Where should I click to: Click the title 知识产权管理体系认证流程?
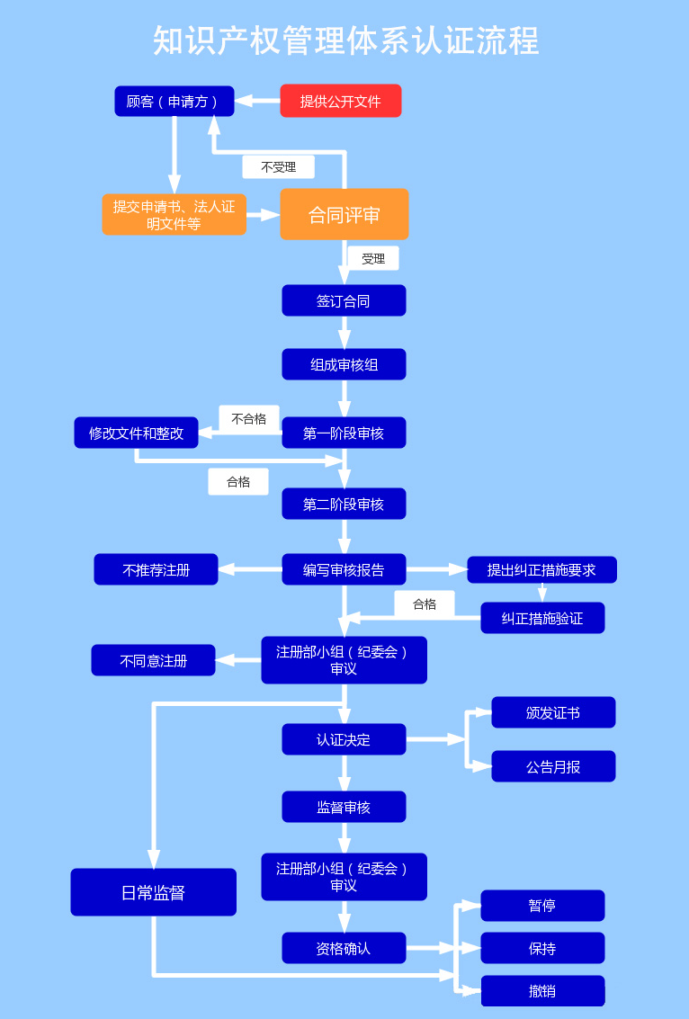tap(344, 41)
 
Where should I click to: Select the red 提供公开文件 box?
tap(340, 101)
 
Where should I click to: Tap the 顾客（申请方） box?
tap(174, 101)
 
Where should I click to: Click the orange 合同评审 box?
tap(344, 215)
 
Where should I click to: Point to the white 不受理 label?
tap(278, 167)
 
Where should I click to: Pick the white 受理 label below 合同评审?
tap(373, 259)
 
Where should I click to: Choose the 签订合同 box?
tap(344, 300)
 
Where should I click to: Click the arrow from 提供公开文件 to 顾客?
tap(257, 101)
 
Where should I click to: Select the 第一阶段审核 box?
tap(344, 433)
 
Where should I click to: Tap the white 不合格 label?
tap(248, 419)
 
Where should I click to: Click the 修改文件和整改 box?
tap(136, 433)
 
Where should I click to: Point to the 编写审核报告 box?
tap(344, 569)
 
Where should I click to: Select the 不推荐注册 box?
tap(156, 569)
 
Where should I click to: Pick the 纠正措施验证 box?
tap(542, 618)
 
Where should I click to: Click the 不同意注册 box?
tap(153, 660)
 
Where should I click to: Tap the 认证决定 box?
tap(344, 739)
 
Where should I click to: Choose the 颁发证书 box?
tap(553, 712)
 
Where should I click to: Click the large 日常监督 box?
tap(153, 892)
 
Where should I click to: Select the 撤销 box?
tap(542, 991)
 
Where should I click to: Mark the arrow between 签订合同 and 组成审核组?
tap(344, 333)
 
